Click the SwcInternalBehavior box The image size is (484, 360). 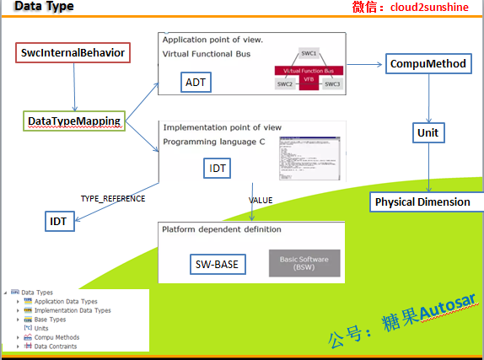pos(73,53)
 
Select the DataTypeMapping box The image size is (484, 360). pos(74,122)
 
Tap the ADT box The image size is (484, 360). pos(196,82)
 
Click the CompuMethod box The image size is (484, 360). pos(426,63)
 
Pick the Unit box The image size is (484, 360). pos(428,132)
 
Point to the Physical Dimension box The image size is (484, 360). pos(422,201)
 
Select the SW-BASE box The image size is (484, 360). pos(217,264)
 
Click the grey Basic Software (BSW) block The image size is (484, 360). pos(304,262)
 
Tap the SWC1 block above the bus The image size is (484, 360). pos(309,53)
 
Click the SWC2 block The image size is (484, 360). pos(285,84)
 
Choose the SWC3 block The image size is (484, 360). pos(332,84)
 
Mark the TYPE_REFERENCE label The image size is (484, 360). pos(113,199)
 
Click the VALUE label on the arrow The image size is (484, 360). pos(261,200)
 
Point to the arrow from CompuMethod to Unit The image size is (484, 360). pos(428,98)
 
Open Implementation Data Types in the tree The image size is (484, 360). pos(72,310)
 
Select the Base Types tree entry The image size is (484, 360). pos(50,320)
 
